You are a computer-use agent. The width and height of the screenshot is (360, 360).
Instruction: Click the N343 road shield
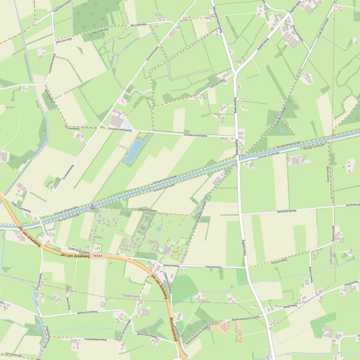click(x=97, y=256)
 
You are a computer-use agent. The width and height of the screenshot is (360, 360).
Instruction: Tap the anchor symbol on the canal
click(x=92, y=206)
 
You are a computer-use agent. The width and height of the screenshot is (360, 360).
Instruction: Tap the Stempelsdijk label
click(x=12, y=354)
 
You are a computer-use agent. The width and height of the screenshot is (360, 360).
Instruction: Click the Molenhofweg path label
click(x=148, y=210)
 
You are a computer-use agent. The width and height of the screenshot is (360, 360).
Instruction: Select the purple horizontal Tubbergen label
click(x=131, y=296)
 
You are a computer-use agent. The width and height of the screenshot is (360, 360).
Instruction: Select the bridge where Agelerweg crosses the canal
click(x=238, y=160)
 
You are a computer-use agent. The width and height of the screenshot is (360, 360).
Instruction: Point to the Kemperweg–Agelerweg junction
click(x=234, y=75)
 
